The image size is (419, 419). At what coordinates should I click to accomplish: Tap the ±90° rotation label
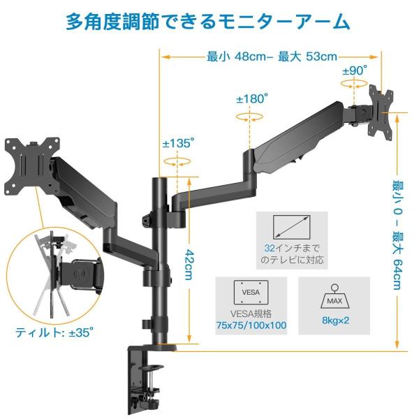(x=355, y=71)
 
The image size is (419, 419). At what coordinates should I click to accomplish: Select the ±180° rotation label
(x=251, y=99)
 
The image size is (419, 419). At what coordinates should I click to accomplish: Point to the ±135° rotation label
(x=178, y=143)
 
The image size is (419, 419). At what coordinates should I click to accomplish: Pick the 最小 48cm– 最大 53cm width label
(x=272, y=57)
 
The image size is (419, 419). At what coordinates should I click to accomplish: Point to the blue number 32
(x=270, y=247)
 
